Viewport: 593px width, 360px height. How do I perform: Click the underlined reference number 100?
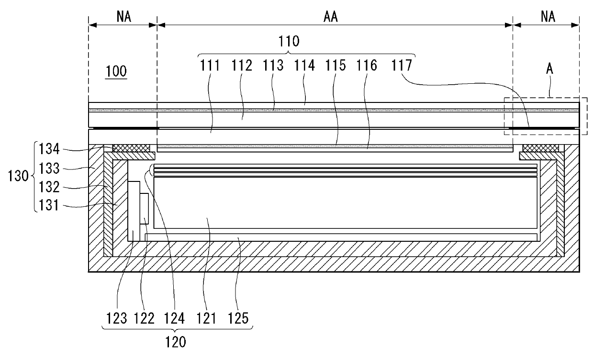click(116, 72)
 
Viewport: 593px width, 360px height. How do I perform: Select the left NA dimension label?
click(123, 17)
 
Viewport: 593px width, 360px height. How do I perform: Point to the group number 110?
click(290, 41)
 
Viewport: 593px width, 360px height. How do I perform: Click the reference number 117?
click(403, 65)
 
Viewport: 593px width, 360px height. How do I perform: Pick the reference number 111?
click(210, 65)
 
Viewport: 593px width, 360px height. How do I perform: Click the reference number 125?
click(239, 317)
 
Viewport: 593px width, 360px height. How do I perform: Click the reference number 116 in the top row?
click(367, 65)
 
